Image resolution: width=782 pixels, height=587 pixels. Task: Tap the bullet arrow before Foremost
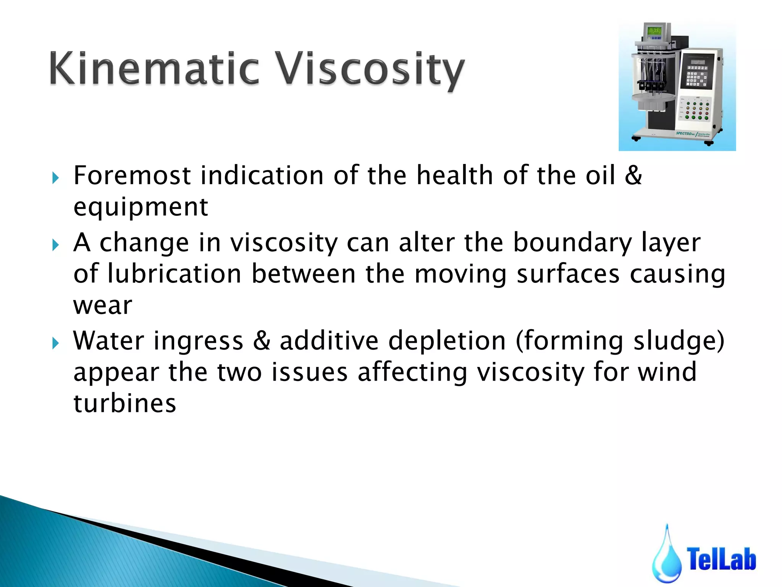[56, 178]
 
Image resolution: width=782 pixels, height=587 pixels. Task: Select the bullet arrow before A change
[56, 245]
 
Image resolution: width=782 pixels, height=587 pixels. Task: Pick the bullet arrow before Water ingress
[56, 343]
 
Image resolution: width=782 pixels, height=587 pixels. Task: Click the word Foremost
[132, 175]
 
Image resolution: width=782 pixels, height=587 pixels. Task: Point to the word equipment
[141, 208]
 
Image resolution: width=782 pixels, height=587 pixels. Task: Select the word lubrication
[174, 274]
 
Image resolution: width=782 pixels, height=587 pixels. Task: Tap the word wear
[102, 306]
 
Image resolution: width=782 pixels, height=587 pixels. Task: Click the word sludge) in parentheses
[679, 341]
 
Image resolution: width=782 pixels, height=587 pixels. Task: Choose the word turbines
[124, 404]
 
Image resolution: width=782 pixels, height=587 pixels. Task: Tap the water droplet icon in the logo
[667, 558]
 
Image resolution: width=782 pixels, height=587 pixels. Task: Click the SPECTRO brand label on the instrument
[685, 133]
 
